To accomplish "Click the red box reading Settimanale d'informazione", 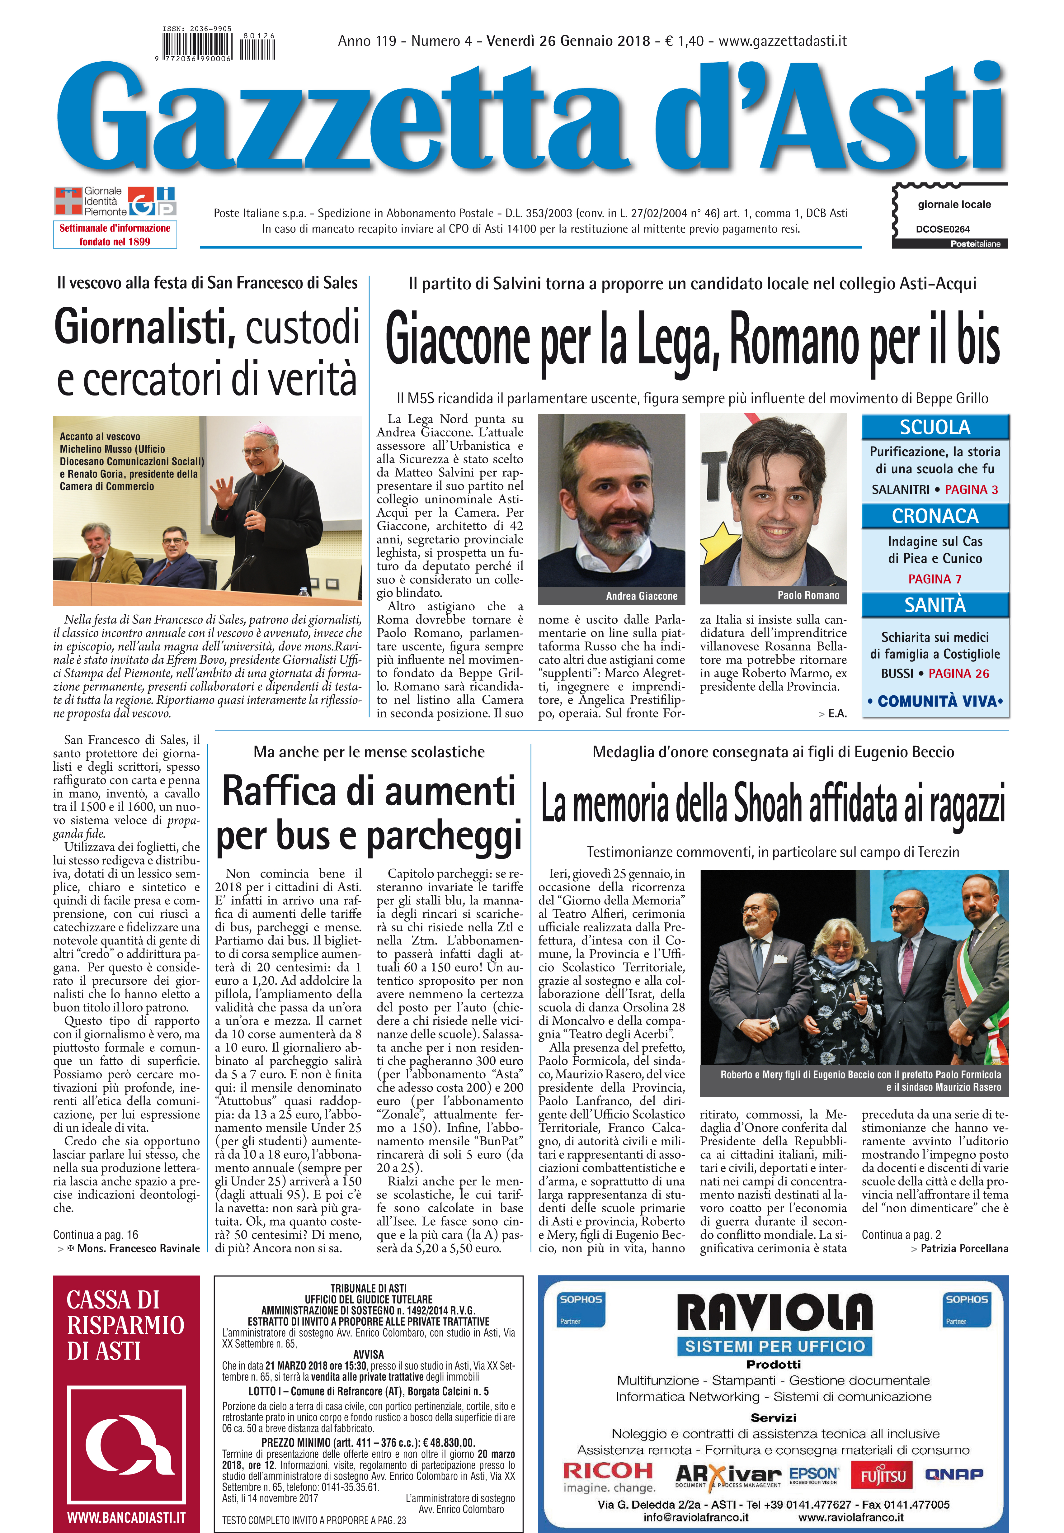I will pos(115,235).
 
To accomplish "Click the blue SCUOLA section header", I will pos(935,427).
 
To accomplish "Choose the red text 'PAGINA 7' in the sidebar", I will pos(935,579).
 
